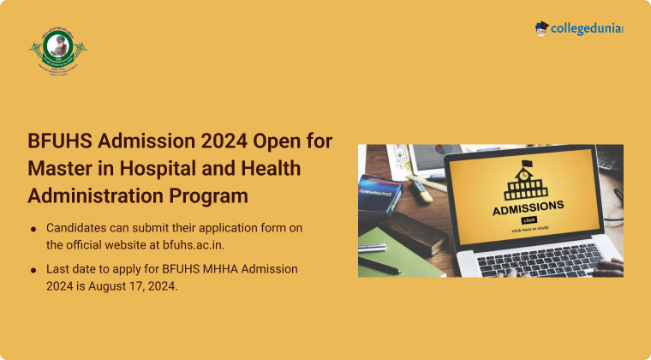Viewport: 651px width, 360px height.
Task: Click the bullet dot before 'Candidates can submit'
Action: tap(33, 229)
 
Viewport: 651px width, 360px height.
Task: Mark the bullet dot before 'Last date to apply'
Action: tap(33, 269)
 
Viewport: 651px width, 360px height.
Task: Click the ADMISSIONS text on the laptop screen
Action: tap(528, 206)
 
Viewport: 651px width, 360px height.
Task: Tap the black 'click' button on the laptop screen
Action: tap(529, 219)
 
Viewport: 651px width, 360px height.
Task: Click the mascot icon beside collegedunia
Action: tap(541, 29)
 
